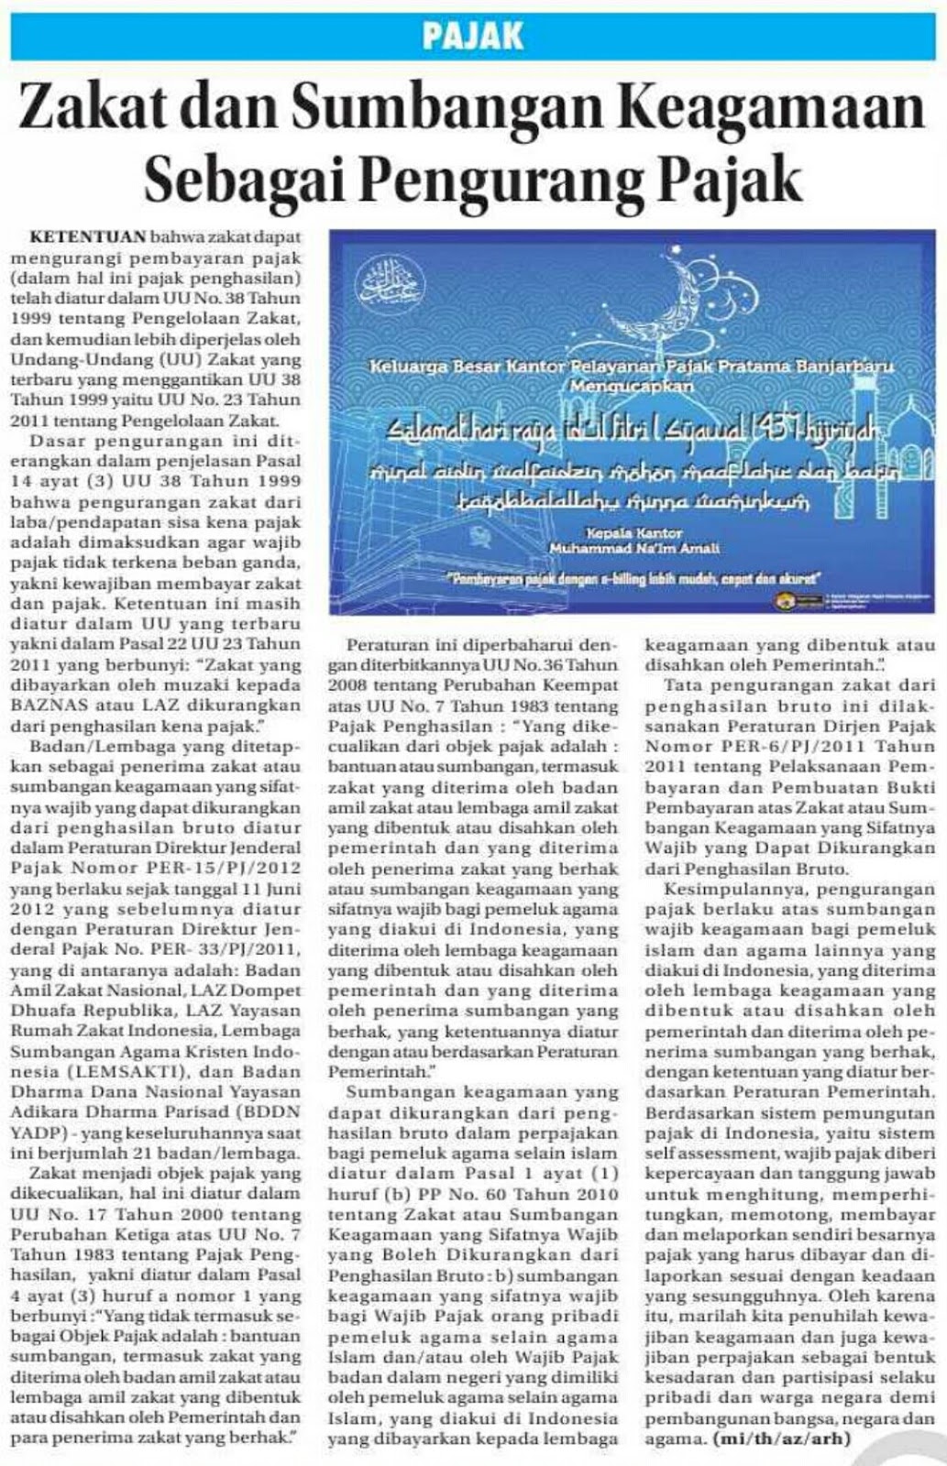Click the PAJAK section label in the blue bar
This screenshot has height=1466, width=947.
tap(473, 36)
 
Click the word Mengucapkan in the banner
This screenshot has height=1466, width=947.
tap(632, 386)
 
